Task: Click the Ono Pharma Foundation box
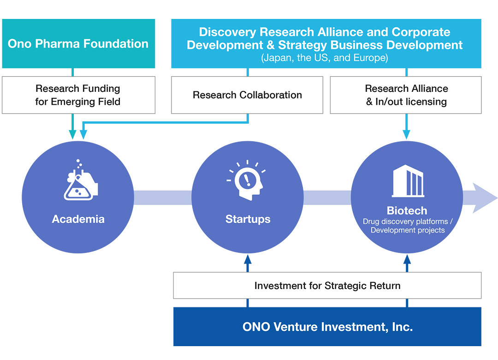click(78, 43)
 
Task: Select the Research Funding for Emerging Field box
click(78, 95)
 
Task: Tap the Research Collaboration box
click(247, 95)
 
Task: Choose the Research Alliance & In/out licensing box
click(406, 95)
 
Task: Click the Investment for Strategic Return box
click(327, 285)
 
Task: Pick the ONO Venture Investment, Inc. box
click(327, 327)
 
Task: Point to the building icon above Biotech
click(408, 181)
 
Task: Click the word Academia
click(78, 219)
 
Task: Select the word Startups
click(248, 219)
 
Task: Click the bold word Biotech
click(407, 210)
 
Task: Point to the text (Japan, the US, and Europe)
click(325, 58)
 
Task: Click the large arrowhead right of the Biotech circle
click(484, 198)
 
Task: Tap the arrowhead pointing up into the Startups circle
click(248, 259)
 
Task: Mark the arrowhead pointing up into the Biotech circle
click(407, 259)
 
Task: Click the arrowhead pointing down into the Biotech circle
click(407, 134)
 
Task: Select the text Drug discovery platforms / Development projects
click(408, 226)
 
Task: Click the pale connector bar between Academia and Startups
click(163, 198)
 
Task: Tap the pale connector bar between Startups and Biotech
click(327, 198)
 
